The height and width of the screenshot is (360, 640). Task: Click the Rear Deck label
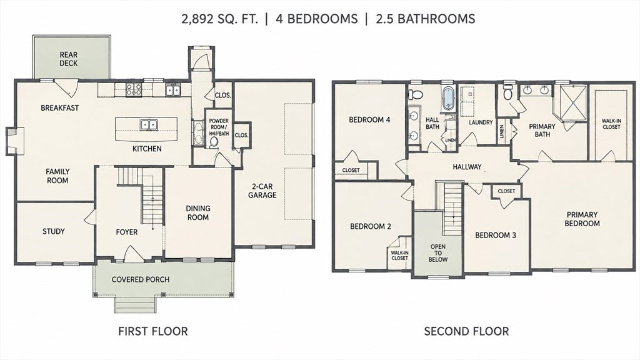[69, 59]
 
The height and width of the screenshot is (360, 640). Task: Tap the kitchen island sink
[147, 124]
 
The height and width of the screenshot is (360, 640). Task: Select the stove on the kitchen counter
[134, 89]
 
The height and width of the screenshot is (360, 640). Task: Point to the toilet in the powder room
[214, 142]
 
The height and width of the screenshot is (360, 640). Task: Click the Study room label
[54, 231]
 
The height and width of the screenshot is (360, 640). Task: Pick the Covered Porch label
[141, 279]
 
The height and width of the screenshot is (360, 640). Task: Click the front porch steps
[135, 304]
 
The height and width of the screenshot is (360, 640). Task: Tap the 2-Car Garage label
[262, 191]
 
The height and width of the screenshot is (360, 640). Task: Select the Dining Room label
[198, 212]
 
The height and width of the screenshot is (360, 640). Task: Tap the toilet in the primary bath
[507, 92]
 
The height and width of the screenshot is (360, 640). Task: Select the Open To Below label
[438, 253]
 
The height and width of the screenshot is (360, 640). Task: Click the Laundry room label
[481, 122]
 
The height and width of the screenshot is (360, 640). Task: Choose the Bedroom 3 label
[496, 235]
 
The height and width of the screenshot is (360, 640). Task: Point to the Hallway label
[467, 166]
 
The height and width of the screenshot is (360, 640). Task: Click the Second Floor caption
[466, 331]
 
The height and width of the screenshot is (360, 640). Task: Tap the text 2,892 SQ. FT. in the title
[219, 19]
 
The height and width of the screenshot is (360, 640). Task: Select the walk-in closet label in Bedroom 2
[399, 255]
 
